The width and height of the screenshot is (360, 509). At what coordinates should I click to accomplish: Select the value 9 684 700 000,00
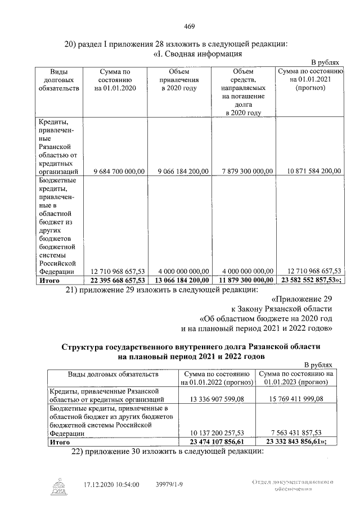[x=115, y=171]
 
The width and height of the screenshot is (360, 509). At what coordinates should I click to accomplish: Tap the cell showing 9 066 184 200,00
[x=179, y=171]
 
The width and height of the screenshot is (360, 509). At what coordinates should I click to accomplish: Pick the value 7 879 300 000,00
[x=243, y=171]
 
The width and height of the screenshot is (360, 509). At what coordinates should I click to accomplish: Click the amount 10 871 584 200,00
[x=309, y=171]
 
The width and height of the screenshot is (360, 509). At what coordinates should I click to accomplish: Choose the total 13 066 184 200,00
[x=178, y=280]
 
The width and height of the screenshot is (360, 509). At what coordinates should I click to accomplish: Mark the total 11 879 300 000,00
[x=243, y=280]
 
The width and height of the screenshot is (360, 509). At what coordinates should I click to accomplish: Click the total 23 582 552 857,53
[x=309, y=280]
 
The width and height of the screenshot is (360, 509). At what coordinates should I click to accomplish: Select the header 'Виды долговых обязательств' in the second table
[x=110, y=374]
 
